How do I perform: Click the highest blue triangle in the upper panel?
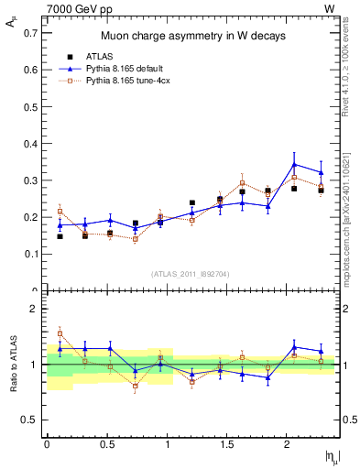coord(294,164)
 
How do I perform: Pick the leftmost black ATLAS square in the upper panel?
coord(60,236)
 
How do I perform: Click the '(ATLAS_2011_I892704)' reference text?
coord(191,274)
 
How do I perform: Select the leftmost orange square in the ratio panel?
coord(60,333)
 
